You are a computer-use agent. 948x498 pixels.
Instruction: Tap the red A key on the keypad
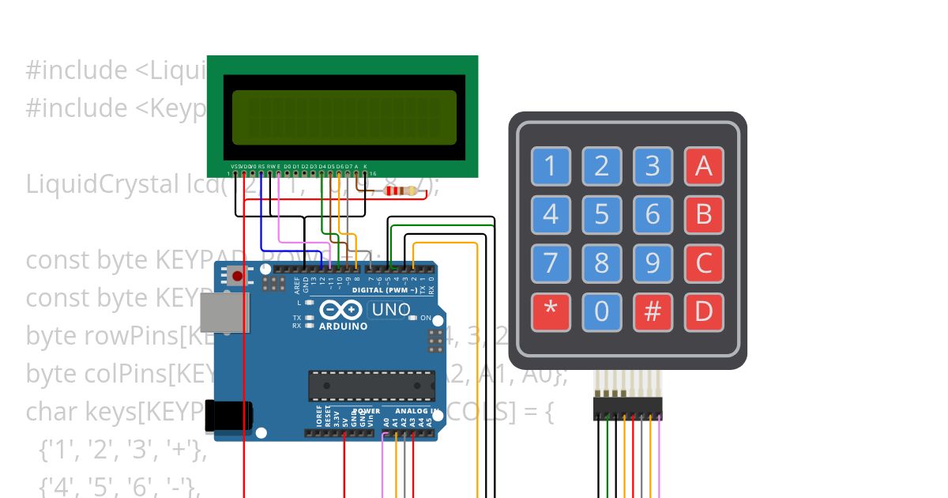point(703,167)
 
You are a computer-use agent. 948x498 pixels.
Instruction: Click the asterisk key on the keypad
point(551,312)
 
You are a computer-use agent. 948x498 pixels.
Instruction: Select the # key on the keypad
point(653,312)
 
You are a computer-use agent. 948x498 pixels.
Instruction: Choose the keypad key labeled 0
point(602,312)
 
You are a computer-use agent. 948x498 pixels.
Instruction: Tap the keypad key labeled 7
point(551,263)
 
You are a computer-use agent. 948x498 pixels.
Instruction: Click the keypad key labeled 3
point(653,167)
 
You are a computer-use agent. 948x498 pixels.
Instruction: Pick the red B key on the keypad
point(703,214)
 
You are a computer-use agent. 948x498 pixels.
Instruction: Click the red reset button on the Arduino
point(236,277)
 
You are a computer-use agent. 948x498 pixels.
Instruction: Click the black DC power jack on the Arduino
point(229,417)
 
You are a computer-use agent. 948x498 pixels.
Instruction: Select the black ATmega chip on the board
point(371,385)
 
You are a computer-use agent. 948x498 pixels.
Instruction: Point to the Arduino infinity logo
point(343,310)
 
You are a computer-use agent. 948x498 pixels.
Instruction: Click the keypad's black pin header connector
point(627,409)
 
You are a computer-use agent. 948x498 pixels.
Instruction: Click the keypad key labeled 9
point(653,263)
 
